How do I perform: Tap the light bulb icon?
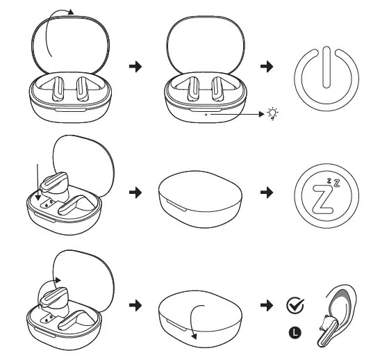[272, 114]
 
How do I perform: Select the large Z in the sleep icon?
[322, 200]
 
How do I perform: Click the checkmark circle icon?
[295, 305]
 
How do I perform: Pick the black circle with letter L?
[295, 332]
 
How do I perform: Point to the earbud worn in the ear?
[327, 330]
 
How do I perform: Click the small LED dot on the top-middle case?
[206, 115]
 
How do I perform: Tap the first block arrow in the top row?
[135, 66]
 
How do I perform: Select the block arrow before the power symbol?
[267, 66]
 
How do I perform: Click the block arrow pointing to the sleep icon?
[267, 193]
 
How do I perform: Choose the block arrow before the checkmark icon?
[267, 305]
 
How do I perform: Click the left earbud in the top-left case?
[58, 89]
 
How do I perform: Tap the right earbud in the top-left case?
[81, 89]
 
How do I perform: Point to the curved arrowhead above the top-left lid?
[71, 12]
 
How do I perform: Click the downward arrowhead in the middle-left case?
[38, 197]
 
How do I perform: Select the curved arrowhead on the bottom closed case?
[194, 336]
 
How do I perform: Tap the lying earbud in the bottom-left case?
[76, 321]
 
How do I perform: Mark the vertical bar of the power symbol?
[326, 67]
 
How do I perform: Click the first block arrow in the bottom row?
[135, 305]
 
